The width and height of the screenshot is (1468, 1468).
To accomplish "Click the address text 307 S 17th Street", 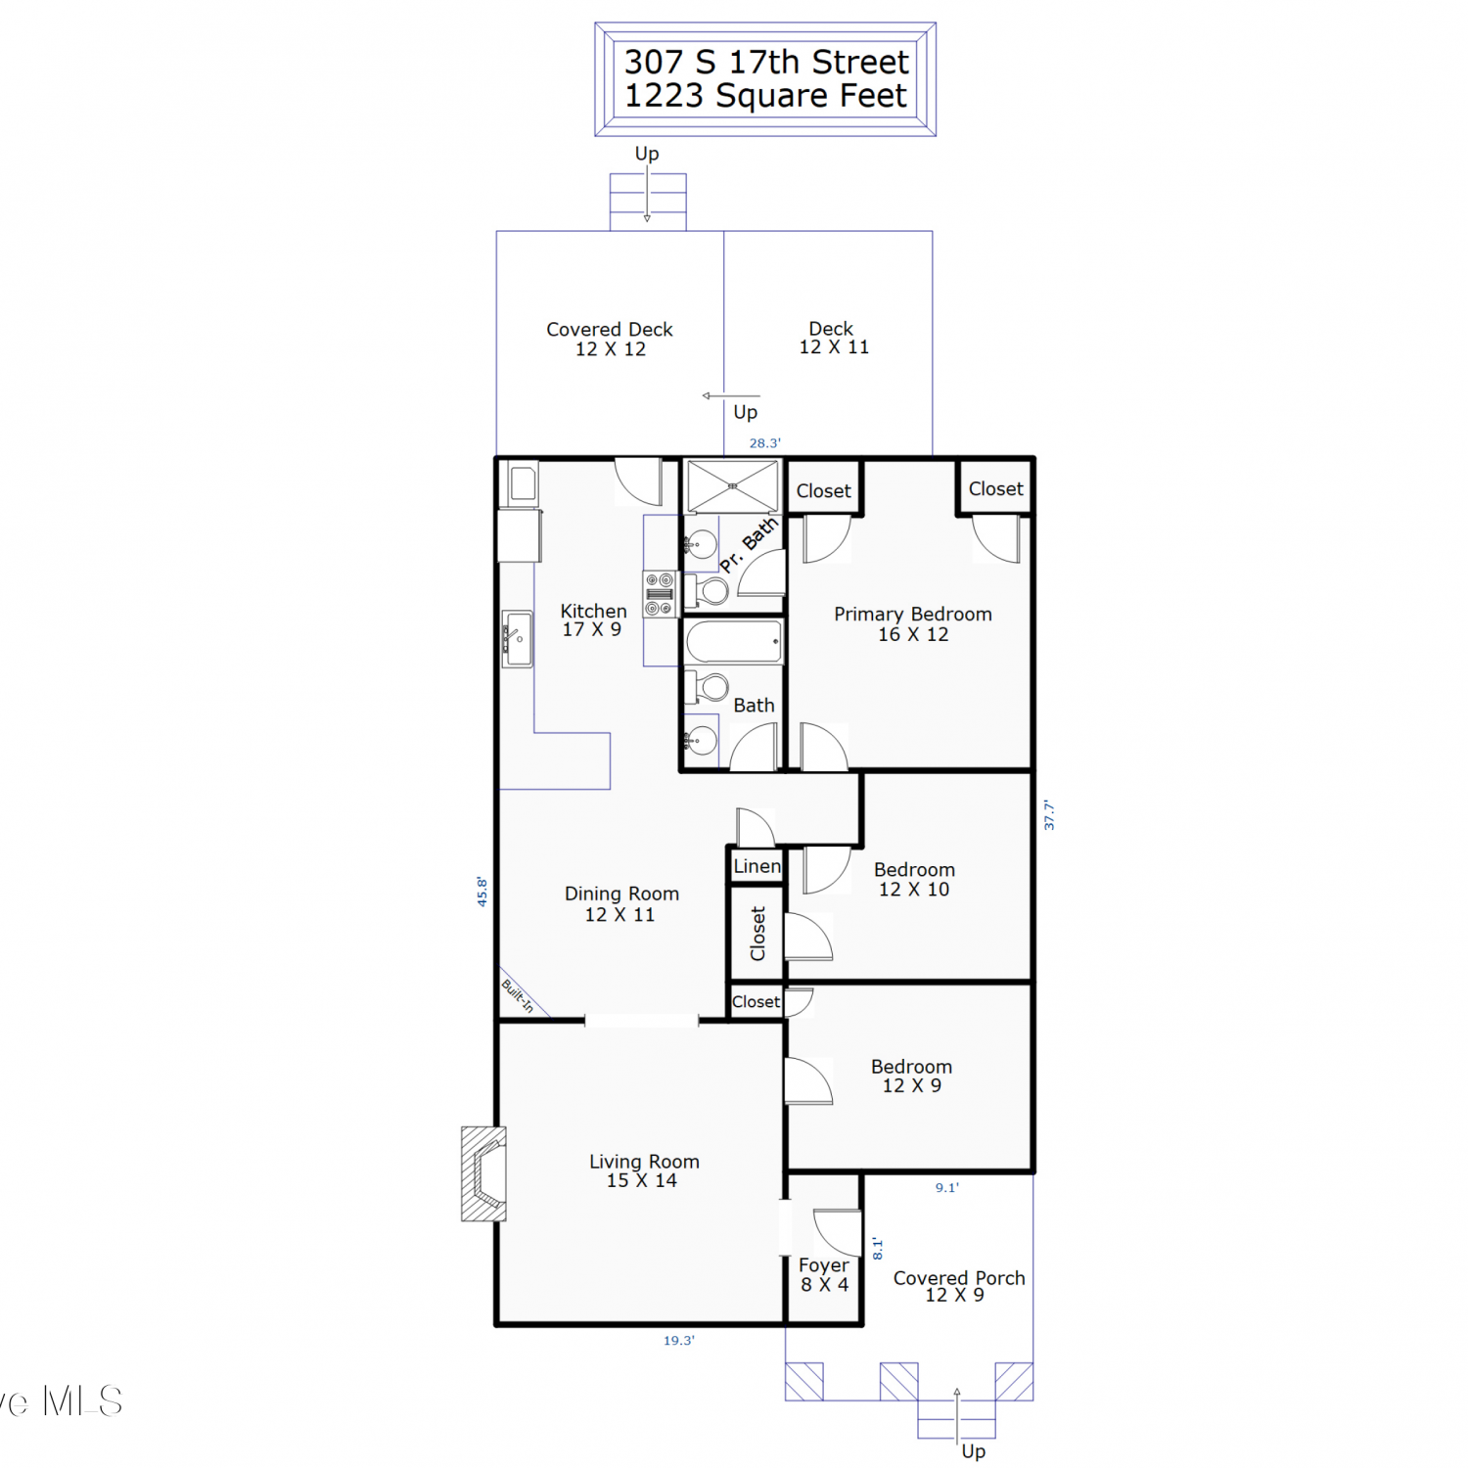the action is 766,62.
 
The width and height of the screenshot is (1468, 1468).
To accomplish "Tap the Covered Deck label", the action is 610,330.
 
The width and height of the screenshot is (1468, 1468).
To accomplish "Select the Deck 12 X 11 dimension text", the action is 834,347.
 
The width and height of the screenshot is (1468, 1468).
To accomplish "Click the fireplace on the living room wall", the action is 483,1173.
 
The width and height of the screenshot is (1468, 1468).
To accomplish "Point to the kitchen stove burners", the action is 661,594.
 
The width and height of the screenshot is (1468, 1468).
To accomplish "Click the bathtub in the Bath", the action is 734,643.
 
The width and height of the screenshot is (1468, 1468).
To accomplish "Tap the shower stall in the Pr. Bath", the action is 733,486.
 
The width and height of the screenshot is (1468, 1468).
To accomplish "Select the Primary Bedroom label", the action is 913,615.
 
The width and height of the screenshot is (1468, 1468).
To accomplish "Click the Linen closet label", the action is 757,866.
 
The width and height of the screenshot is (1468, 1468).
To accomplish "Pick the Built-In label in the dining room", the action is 518,996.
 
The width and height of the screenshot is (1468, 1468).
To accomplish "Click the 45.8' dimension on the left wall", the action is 482,892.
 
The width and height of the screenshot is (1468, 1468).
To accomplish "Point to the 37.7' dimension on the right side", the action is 1049,815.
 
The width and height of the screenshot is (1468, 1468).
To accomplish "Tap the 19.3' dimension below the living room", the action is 679,1341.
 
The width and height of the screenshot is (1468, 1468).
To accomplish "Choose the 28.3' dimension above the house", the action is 765,443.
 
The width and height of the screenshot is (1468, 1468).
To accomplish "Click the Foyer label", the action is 824,1265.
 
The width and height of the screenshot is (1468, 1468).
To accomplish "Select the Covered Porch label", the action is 959,1278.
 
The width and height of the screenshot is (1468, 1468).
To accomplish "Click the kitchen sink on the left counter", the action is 517,639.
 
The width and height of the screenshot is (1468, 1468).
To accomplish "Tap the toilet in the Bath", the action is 707,687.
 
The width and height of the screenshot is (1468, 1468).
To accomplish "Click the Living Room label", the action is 644,1162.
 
